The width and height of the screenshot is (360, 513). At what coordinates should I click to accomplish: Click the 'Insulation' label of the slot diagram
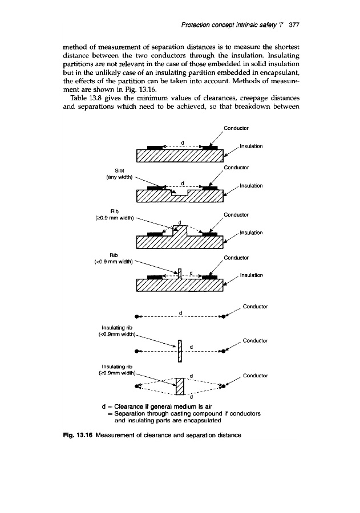point(252,185)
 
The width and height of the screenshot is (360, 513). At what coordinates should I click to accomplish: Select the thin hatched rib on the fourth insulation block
point(180,274)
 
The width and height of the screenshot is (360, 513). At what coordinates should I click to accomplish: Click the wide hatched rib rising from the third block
point(180,231)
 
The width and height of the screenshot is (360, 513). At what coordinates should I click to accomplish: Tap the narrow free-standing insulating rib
point(180,351)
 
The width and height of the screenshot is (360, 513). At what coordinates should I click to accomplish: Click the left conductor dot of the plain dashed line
point(137,316)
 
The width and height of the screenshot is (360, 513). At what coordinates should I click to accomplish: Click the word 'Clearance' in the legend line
point(126,406)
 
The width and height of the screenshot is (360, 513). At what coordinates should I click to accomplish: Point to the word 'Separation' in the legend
point(130,413)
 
